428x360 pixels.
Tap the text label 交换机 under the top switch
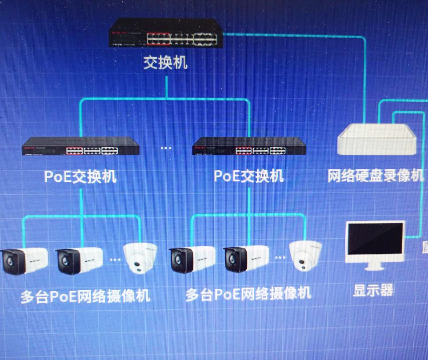tap(165, 63)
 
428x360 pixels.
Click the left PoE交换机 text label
tap(80, 176)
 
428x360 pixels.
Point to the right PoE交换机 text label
tap(249, 176)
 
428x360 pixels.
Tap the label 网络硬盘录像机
tap(376, 176)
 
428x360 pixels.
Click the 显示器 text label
tap(373, 290)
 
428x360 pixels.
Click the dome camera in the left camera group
tap(140, 257)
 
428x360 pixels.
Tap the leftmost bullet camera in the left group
tap(24, 261)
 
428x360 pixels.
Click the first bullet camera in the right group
tap(192, 260)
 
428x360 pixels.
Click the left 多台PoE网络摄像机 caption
tap(85, 296)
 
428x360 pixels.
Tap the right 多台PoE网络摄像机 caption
tap(248, 294)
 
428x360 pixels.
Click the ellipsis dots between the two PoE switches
tap(166, 148)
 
